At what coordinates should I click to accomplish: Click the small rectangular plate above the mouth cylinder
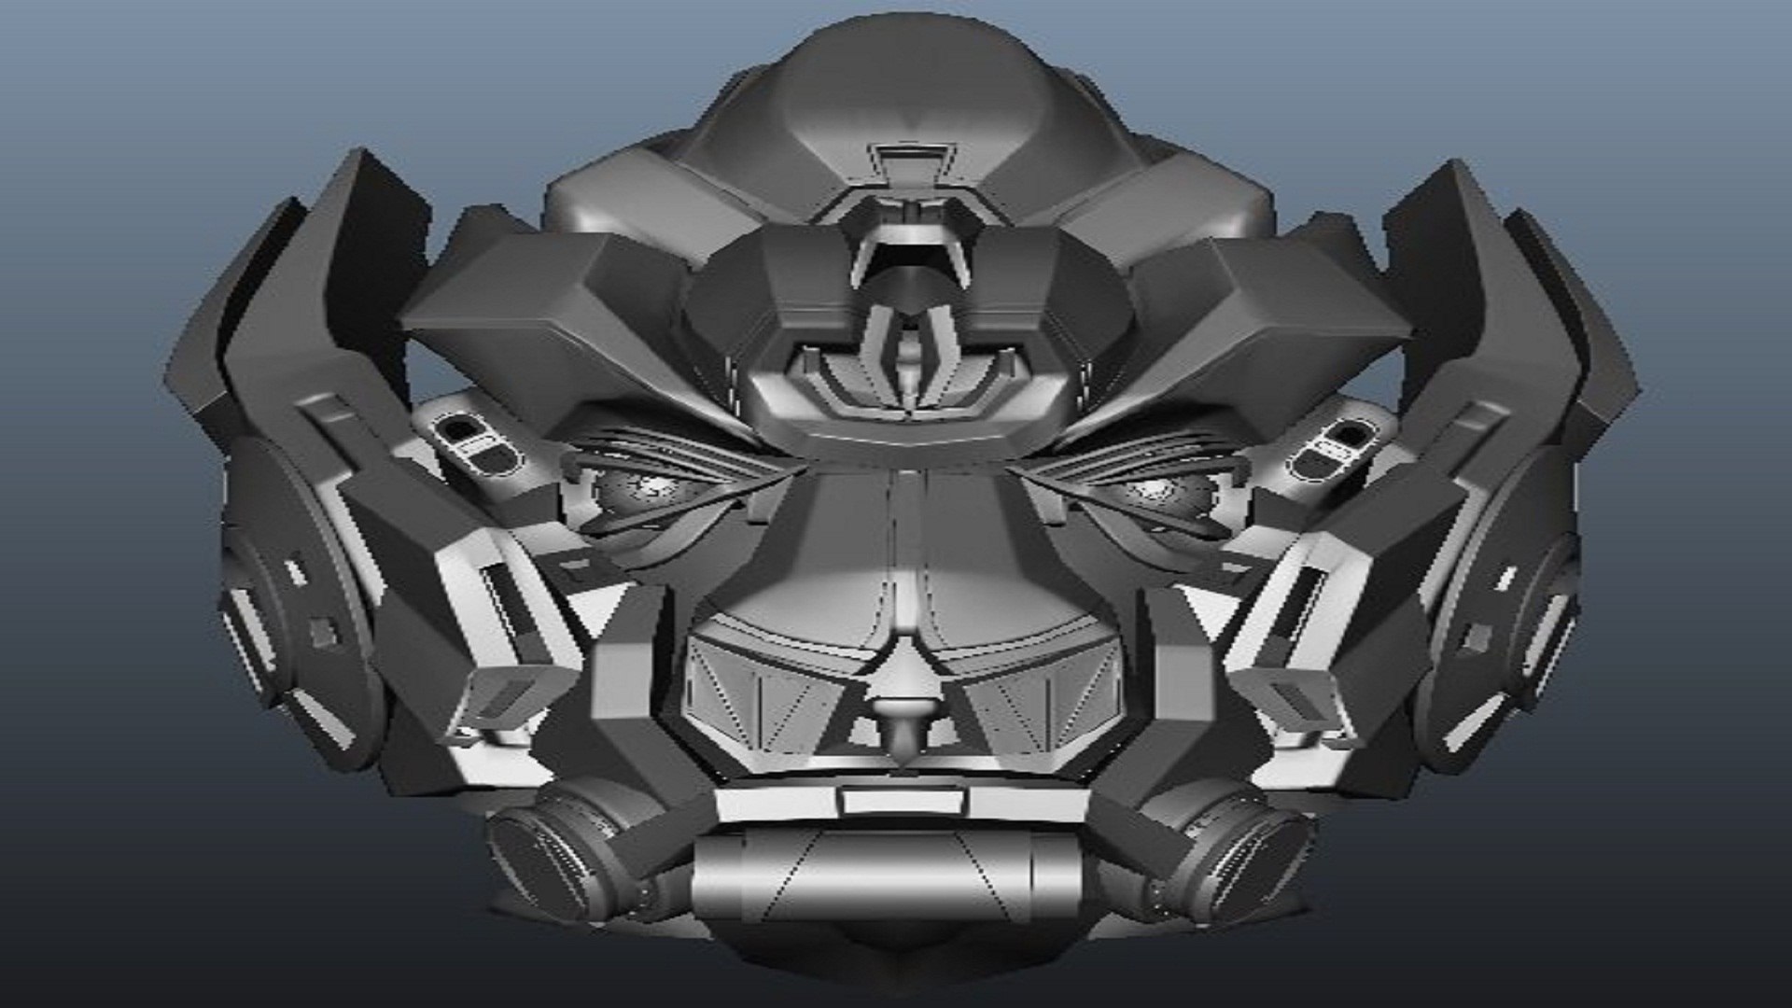tap(900, 801)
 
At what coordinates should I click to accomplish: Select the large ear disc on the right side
tap(1503, 597)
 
